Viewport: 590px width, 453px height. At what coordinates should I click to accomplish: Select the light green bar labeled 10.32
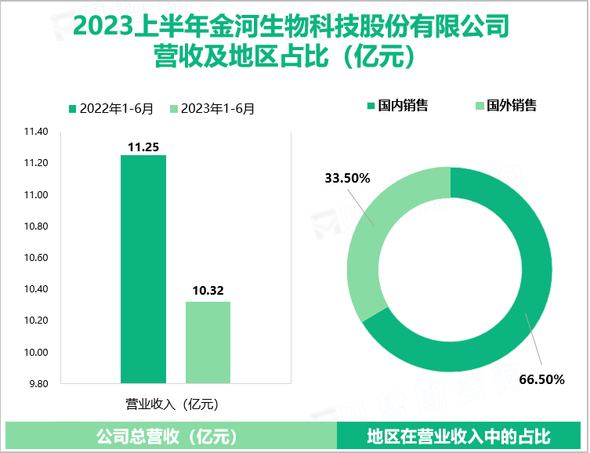coord(208,342)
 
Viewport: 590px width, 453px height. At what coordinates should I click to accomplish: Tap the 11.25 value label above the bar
coord(143,147)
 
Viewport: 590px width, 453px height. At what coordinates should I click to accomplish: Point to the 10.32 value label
coord(208,292)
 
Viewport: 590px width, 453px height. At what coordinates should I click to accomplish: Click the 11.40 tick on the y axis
coord(36,132)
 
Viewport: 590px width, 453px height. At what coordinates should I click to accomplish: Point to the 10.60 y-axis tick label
coord(36,258)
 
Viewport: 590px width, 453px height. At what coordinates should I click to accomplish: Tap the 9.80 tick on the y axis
coord(38,384)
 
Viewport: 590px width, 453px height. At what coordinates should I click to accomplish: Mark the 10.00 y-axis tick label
coord(36,353)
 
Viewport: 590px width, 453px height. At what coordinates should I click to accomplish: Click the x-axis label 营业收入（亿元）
coord(172,404)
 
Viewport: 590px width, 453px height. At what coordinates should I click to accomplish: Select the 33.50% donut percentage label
coord(347,178)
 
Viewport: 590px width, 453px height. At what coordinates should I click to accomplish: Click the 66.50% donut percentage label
coord(541,380)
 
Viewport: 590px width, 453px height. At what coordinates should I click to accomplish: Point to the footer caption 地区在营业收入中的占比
coord(458,436)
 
